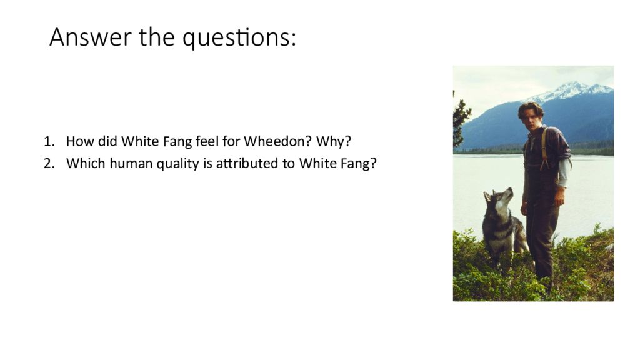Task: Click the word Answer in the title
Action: tap(91, 37)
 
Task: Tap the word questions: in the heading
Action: tap(239, 39)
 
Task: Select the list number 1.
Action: tap(49, 141)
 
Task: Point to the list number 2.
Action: tap(49, 163)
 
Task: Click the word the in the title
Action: tap(157, 37)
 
